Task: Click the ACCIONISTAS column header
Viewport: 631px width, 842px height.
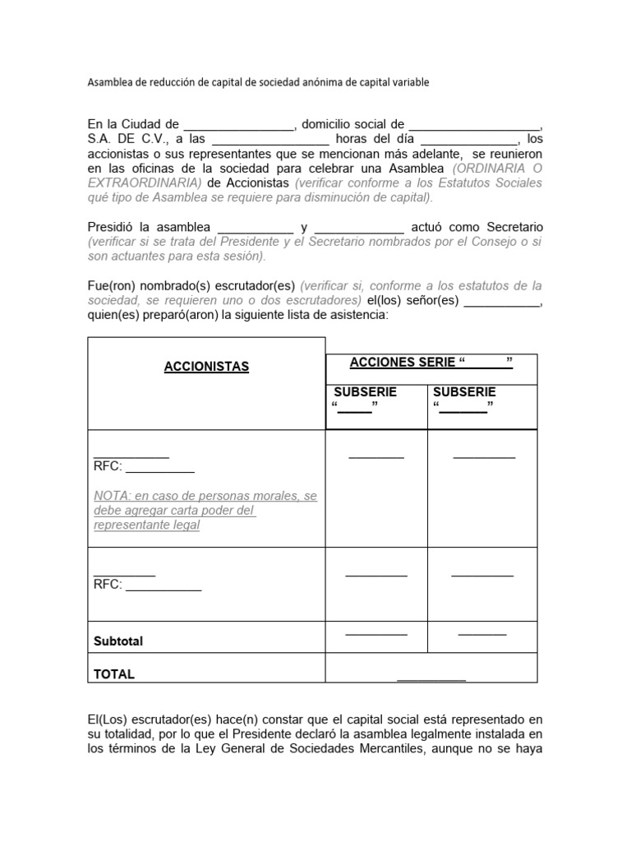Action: tap(206, 367)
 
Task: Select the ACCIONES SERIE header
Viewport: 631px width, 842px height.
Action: tap(431, 363)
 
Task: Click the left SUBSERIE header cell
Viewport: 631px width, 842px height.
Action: tap(365, 392)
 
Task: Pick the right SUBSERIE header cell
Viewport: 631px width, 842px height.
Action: tap(464, 392)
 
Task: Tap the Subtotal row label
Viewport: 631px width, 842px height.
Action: tap(118, 641)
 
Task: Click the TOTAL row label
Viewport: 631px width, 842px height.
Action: tap(114, 674)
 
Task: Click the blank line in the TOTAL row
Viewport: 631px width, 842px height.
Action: tap(431, 679)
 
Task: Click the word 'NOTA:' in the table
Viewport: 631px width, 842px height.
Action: tap(111, 496)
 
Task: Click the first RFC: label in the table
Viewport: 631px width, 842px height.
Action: tap(108, 466)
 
